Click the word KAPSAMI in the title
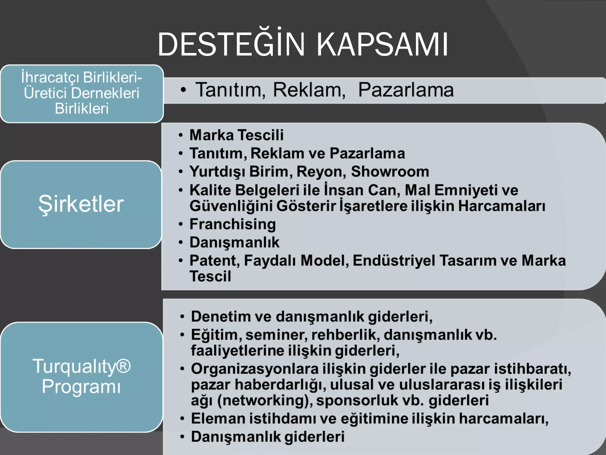point(382,45)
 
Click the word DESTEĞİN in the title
point(231,45)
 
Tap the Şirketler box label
point(81,204)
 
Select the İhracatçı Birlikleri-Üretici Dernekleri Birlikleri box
point(82,93)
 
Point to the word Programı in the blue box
point(81,386)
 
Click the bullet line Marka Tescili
point(236,135)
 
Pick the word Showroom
point(390,172)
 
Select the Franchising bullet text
point(233,224)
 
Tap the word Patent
point(215,261)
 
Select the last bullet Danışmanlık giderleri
point(268,437)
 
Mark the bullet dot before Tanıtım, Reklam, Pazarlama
point(183,90)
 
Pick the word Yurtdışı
point(217,172)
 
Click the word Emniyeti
point(465,190)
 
